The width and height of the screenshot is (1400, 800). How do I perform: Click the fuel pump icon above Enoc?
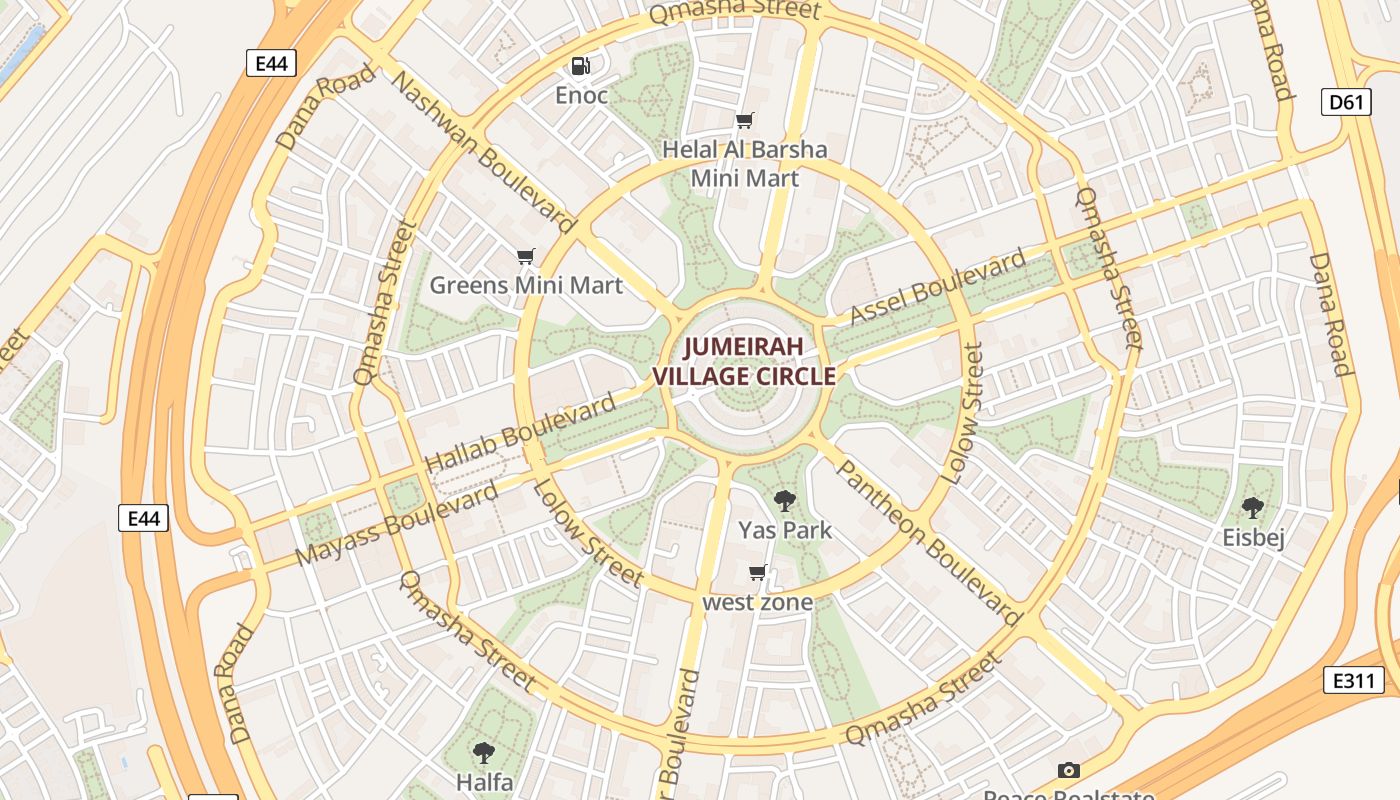[580, 67]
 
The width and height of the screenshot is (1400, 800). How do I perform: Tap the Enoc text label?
[581, 96]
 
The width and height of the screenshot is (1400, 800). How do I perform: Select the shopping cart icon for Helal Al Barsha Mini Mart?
[744, 121]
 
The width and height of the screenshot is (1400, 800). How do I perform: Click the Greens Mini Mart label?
[526, 285]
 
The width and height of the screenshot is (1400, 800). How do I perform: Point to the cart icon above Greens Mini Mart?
[526, 257]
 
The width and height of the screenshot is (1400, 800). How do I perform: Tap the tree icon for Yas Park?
[785, 501]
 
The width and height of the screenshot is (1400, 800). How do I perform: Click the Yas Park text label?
[785, 530]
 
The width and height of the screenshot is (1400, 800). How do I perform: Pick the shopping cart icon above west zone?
[757, 573]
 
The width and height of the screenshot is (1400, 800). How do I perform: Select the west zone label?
[757, 602]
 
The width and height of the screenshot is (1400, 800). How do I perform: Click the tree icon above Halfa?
[484, 753]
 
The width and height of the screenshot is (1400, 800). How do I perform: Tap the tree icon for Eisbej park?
[1252, 508]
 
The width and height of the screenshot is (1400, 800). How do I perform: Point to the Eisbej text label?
[1253, 538]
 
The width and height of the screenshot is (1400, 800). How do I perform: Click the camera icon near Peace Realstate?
[1069, 771]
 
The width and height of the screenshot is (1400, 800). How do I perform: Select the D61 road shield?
[1346, 102]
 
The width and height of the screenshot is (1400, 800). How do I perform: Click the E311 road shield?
[1354, 681]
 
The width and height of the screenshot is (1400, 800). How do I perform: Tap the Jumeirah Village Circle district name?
[744, 362]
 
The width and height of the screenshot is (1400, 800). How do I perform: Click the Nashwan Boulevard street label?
[484, 152]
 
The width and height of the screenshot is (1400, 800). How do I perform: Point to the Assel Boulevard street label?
[937, 287]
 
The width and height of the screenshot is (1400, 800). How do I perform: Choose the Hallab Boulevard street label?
[520, 435]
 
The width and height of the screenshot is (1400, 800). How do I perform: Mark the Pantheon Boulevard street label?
[927, 542]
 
